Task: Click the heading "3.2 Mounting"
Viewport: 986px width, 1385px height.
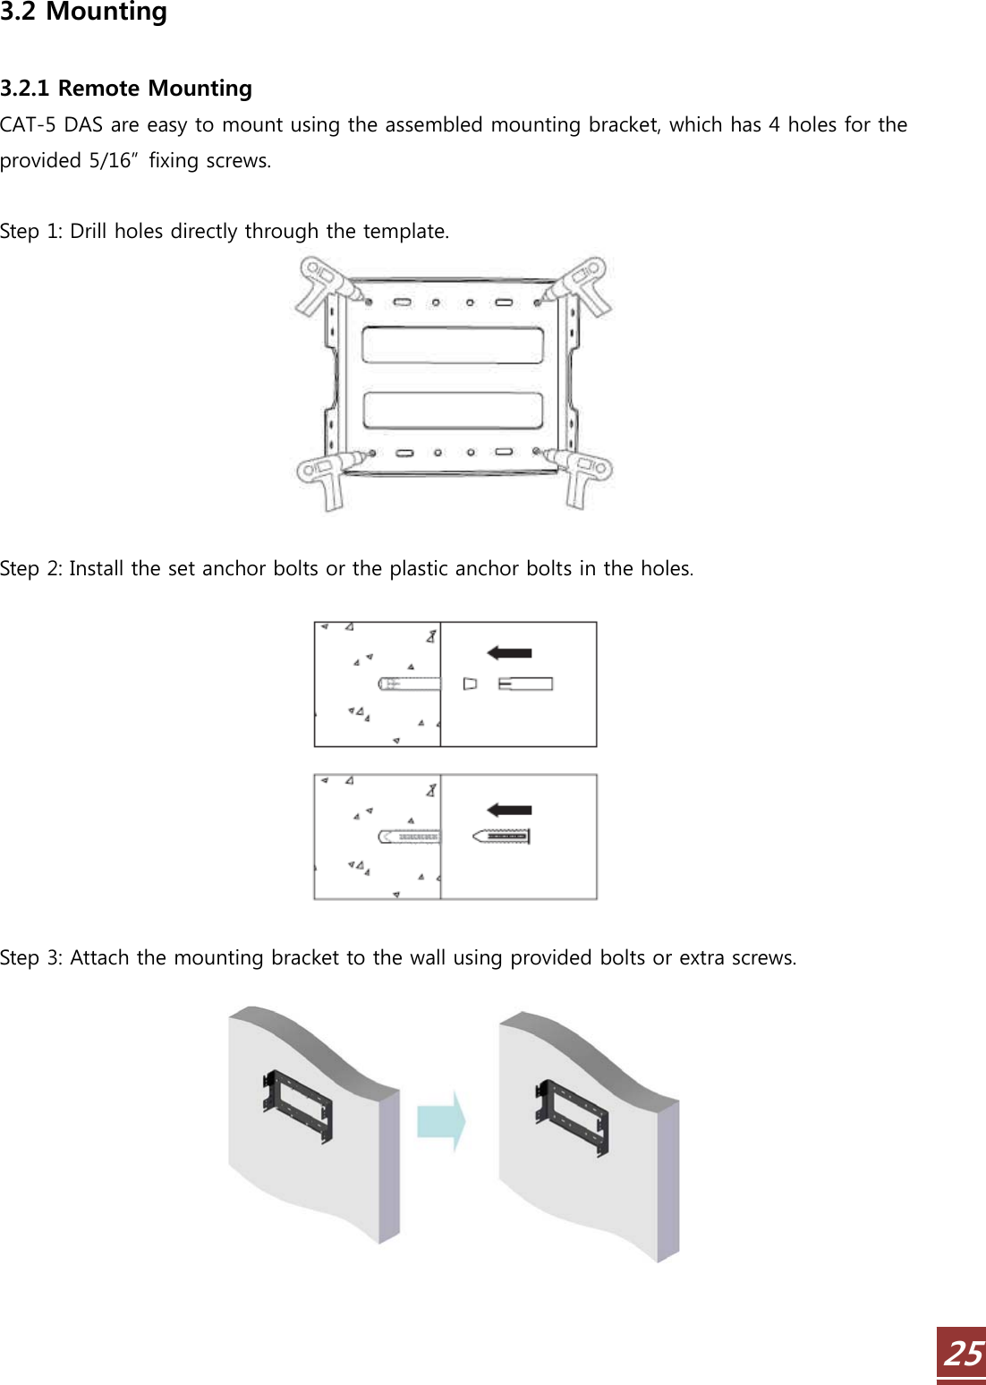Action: click(x=83, y=12)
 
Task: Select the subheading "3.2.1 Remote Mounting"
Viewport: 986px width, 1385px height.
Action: click(x=126, y=89)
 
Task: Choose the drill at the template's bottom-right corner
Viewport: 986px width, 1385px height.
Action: click(x=574, y=475)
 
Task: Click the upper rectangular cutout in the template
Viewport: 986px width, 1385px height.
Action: click(x=453, y=345)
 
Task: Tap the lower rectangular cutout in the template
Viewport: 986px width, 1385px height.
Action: click(x=453, y=411)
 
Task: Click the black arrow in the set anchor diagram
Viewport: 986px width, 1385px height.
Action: click(x=509, y=652)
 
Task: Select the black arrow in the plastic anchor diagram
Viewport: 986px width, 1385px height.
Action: click(x=509, y=810)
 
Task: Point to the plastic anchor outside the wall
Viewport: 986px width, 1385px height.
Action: click(x=501, y=837)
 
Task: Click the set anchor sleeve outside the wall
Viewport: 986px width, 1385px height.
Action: click(x=525, y=684)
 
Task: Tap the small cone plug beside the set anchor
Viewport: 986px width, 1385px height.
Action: click(x=470, y=684)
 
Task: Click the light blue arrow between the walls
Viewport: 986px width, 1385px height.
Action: click(x=441, y=1121)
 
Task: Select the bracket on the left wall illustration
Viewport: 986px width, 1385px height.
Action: click(x=297, y=1107)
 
